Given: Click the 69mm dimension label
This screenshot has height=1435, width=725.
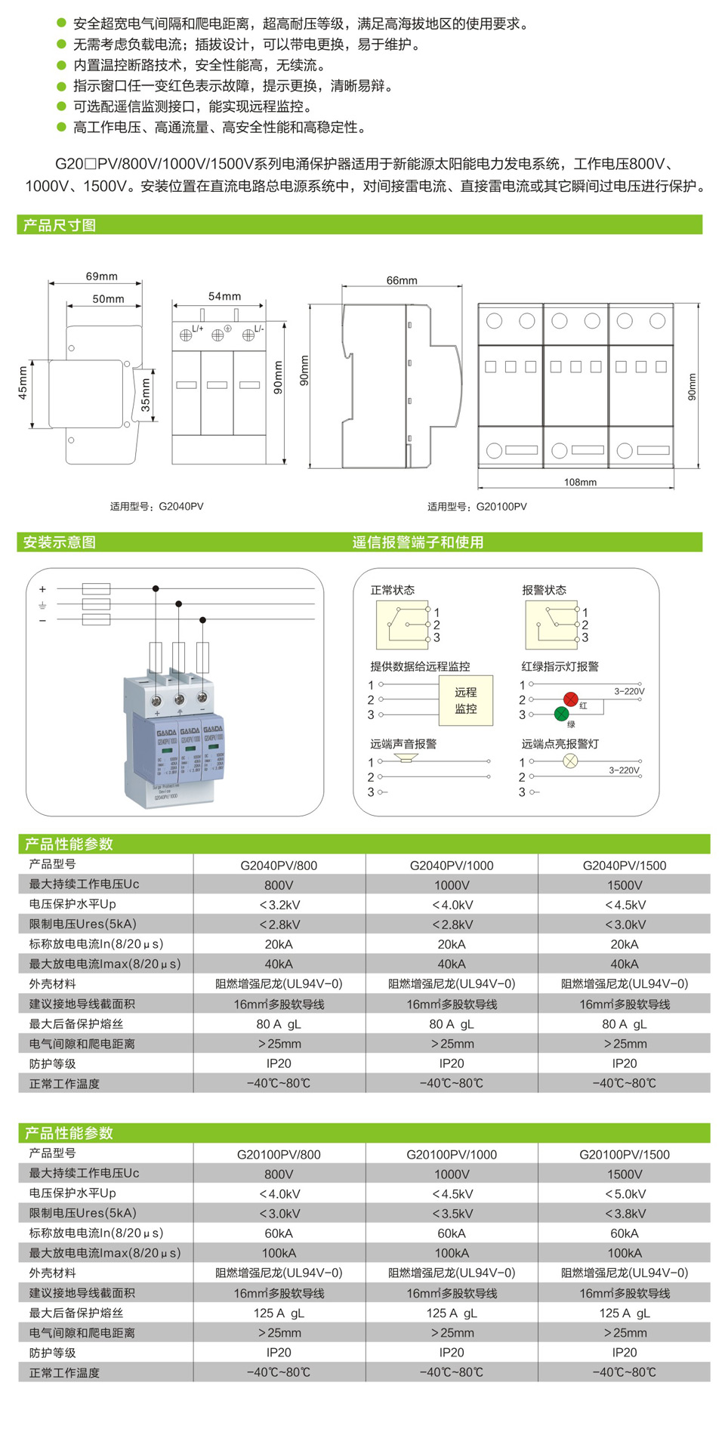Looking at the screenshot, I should coord(101,276).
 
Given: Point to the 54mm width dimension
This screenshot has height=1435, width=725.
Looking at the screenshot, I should coord(224,296).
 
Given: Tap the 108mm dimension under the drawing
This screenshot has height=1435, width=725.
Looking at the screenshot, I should coord(580,482).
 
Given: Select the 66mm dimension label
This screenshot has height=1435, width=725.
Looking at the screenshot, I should coord(402,280).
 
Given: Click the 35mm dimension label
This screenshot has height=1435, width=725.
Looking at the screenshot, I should coord(146,395).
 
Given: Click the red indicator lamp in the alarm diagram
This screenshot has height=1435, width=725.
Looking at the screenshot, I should coord(570,699).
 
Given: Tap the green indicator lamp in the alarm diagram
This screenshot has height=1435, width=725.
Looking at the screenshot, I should coord(562,714).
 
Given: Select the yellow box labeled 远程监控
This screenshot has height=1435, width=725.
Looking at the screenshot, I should coord(466,700).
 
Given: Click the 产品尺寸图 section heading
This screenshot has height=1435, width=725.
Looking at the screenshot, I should coord(60,225).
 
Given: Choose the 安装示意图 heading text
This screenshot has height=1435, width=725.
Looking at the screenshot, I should coord(60,542).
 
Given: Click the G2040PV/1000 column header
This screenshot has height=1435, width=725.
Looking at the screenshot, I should coord(452,866).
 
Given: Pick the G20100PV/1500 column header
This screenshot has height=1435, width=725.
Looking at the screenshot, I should coord(624,1155).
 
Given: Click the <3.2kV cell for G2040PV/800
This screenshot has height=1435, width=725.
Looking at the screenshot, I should coord(279,905).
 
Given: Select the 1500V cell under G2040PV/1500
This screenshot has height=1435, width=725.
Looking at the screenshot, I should coord(624,885).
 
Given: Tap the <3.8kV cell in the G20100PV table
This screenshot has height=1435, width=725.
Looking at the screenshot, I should coord(624,1214).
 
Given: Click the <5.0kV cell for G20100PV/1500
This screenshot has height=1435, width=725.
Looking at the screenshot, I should coord(624,1194).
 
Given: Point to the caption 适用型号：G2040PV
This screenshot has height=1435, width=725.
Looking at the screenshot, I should coord(156,507).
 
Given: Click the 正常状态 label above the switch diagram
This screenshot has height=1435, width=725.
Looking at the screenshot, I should coord(392,590).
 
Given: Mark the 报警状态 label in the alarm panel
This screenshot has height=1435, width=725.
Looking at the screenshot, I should coord(544,590).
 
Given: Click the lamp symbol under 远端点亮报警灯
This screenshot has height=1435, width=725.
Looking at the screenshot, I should coord(570,761).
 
